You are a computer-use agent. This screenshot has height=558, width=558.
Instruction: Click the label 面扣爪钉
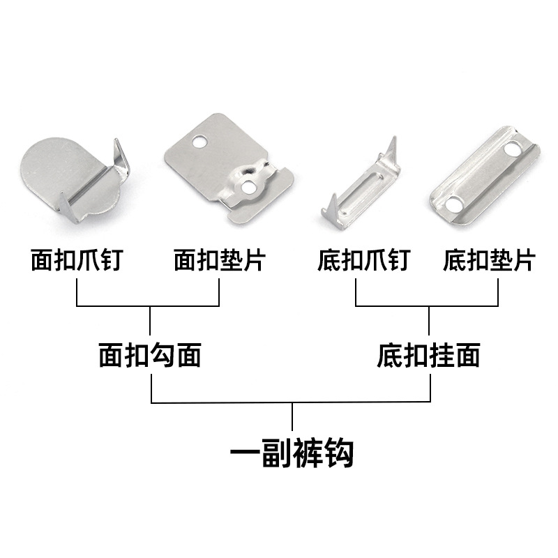click(77, 261)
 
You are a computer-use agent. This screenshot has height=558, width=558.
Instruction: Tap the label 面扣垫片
click(219, 261)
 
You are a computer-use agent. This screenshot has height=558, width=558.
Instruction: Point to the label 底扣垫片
click(489, 261)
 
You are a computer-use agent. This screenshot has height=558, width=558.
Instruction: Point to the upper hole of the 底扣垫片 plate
click(513, 151)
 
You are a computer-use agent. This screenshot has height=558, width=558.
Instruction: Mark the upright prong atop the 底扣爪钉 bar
click(393, 148)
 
